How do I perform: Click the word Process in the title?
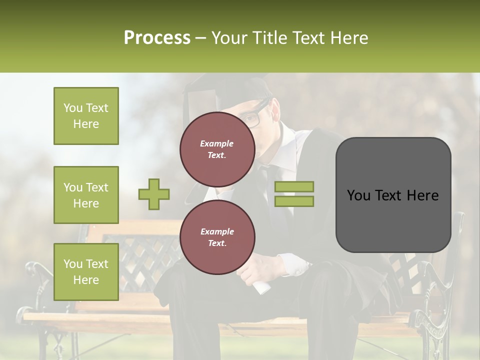(x=157, y=38)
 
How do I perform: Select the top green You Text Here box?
(x=86, y=116)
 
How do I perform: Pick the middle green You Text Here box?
(x=86, y=195)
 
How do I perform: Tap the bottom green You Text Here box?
(x=86, y=272)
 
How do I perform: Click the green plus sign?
(x=154, y=194)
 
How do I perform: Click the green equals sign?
(x=294, y=194)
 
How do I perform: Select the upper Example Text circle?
(x=217, y=149)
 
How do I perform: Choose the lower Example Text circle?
(x=217, y=237)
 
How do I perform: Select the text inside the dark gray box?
(x=393, y=195)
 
